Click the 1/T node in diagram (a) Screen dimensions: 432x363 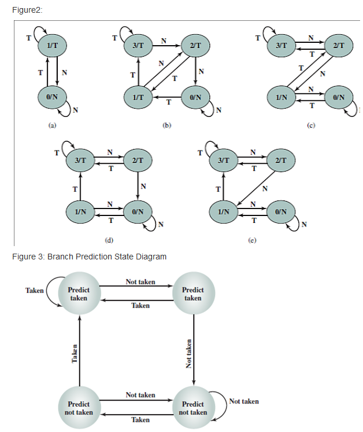(x=52, y=45)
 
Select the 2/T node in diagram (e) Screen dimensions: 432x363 (x=281, y=159)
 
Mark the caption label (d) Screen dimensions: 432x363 (x=108, y=239)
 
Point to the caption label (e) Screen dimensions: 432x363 (x=251, y=239)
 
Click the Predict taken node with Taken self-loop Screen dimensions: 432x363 (x=79, y=294)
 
